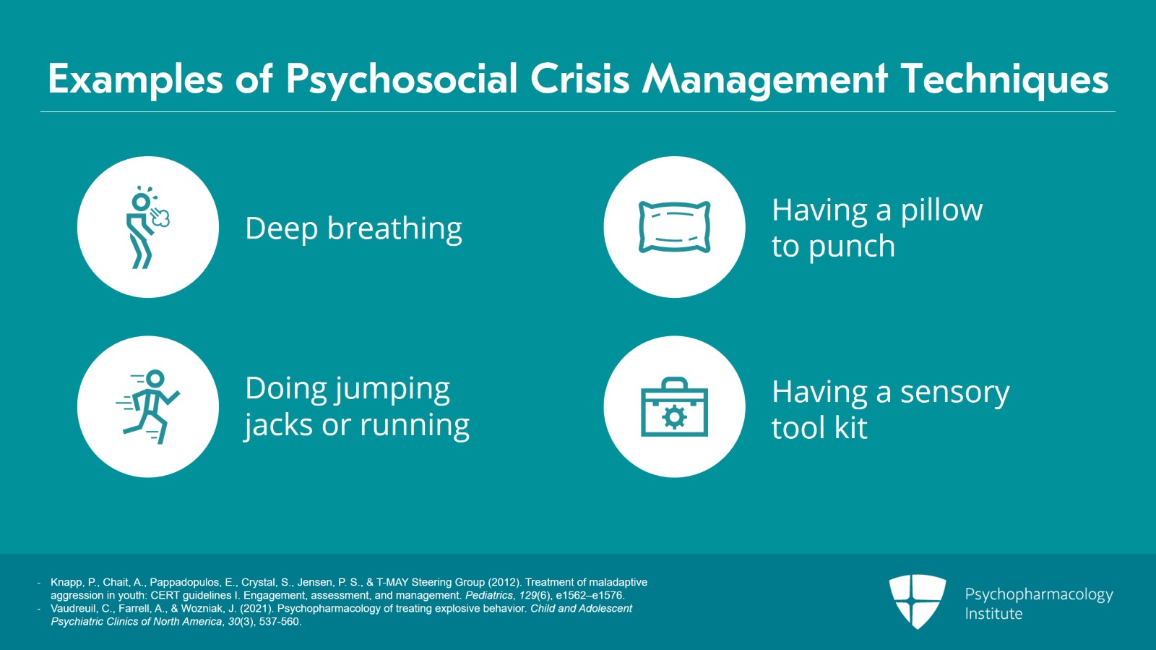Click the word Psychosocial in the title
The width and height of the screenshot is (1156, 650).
point(402,80)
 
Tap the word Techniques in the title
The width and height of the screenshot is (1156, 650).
point(1004,80)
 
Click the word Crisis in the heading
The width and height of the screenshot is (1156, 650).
point(580,80)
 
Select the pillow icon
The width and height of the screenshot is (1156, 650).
point(674,227)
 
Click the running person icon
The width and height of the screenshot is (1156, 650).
point(148,406)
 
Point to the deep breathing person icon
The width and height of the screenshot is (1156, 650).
point(147,228)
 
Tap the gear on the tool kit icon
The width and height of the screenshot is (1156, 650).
point(674,417)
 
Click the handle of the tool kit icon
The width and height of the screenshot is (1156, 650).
point(674,382)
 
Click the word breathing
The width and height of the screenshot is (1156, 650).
point(394,229)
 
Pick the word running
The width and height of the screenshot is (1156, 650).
point(414,425)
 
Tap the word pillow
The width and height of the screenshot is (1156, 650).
point(941,210)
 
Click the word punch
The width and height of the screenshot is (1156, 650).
point(852,247)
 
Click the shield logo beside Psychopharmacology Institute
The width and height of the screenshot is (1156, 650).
point(917,601)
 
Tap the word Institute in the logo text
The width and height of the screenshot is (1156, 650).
point(993,614)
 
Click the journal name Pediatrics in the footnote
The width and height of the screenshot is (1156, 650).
point(489,595)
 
